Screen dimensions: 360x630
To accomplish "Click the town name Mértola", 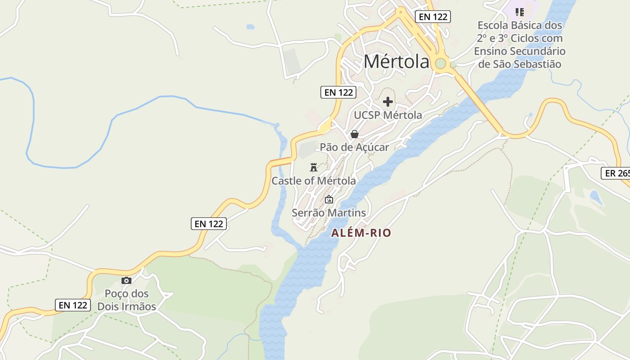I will click(x=396, y=62).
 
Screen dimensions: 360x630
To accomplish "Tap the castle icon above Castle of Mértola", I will click(x=314, y=167).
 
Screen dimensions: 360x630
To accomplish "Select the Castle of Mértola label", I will click(x=314, y=181).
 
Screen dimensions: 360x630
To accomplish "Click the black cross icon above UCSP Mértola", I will click(x=388, y=102).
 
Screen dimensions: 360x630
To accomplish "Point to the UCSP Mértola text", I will click(x=388, y=115).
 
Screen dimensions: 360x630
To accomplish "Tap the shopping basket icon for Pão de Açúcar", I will click(x=355, y=134).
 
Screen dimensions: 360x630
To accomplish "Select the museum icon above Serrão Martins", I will click(x=329, y=199).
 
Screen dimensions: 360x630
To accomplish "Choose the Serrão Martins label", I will click(x=329, y=212).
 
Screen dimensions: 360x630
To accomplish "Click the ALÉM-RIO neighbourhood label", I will click(x=361, y=233).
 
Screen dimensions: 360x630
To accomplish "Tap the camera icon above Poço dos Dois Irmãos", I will click(x=126, y=280).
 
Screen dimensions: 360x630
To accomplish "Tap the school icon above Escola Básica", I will click(x=520, y=12).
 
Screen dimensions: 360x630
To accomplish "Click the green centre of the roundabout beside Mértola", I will click(x=441, y=63).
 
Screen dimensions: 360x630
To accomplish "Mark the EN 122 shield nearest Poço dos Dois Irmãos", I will click(x=73, y=305).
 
